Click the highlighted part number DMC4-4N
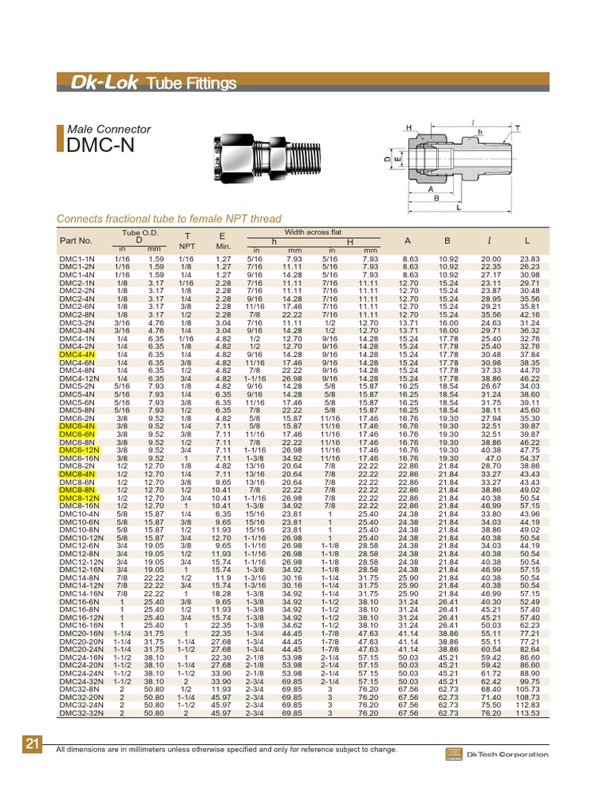click(77, 355)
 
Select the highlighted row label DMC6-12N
click(79, 450)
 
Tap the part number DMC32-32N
click(81, 713)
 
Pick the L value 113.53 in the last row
click(527, 713)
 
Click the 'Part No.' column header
click(76, 240)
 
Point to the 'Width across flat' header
click(313, 232)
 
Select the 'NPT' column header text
click(187, 246)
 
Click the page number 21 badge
click(32, 743)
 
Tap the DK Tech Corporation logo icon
click(454, 754)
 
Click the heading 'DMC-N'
click(100, 145)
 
